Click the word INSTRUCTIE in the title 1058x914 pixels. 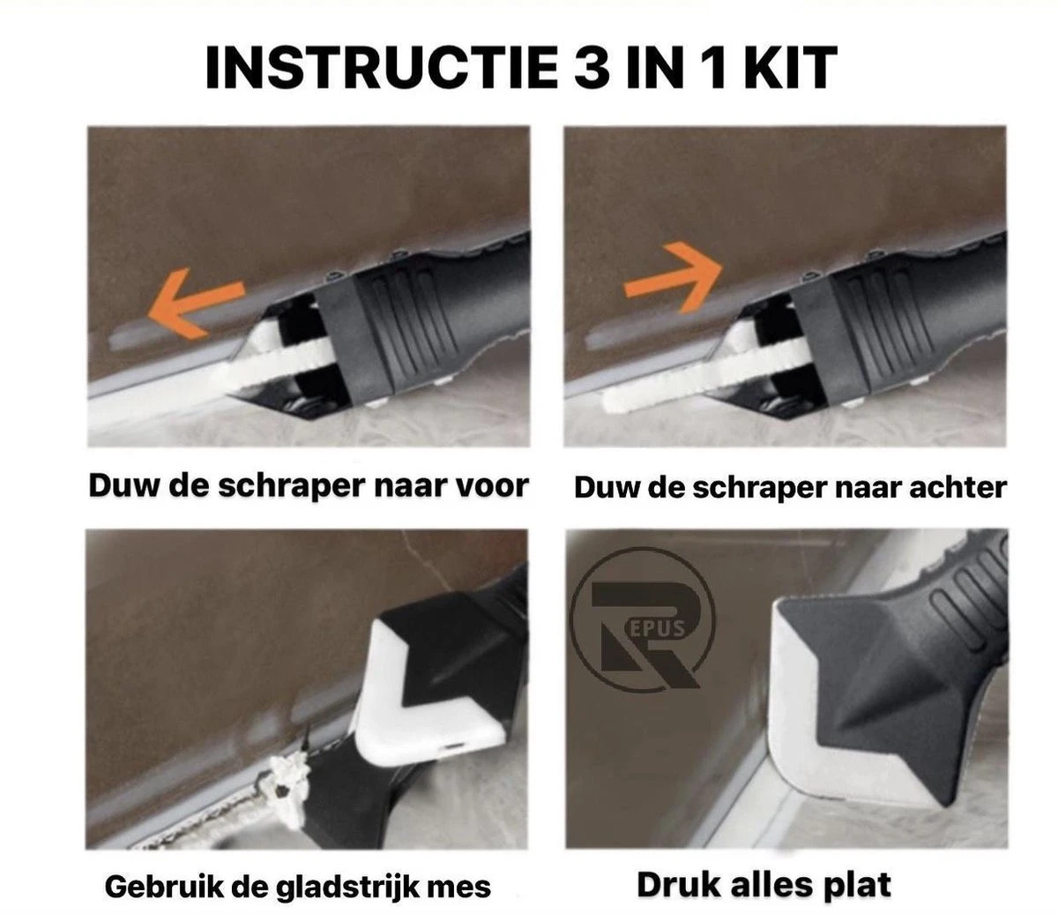(x=382, y=68)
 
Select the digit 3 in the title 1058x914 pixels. (x=592, y=68)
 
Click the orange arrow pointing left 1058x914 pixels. (x=196, y=303)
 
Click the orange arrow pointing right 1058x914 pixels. (x=673, y=278)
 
